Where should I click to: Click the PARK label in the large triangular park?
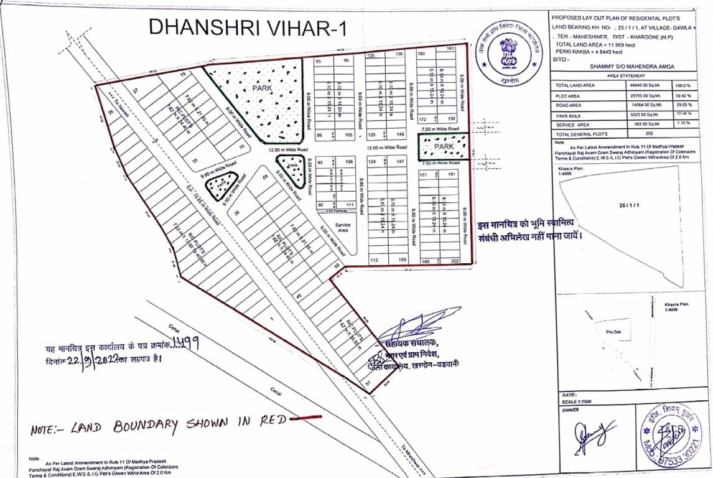pyautogui.click(x=263, y=89)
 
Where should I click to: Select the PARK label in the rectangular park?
pyautogui.click(x=444, y=146)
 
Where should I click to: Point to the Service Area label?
pyautogui.click(x=343, y=228)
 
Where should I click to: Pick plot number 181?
pyautogui.click(x=450, y=49)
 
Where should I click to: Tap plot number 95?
pyautogui.click(x=319, y=62)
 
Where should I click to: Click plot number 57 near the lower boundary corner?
pyautogui.click(x=368, y=384)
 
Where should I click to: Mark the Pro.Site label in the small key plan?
pyautogui.click(x=613, y=332)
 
